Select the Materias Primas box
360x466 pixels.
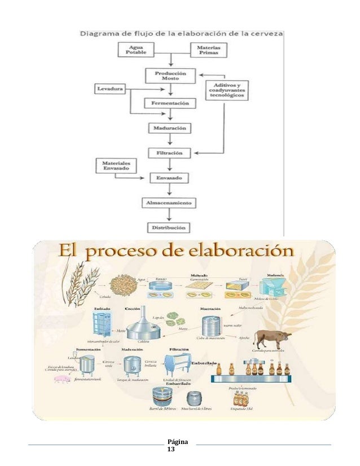point(208,50)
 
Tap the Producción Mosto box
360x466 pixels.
point(170,76)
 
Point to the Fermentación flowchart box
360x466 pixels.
point(170,103)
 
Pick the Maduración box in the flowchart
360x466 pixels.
point(170,128)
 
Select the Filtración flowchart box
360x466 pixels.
point(170,152)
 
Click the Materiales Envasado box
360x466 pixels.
point(115,165)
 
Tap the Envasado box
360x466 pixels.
point(170,177)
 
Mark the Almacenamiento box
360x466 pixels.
point(170,201)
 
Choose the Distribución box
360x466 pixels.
point(170,227)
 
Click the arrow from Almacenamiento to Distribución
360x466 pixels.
point(170,215)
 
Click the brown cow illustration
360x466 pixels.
point(272,338)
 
